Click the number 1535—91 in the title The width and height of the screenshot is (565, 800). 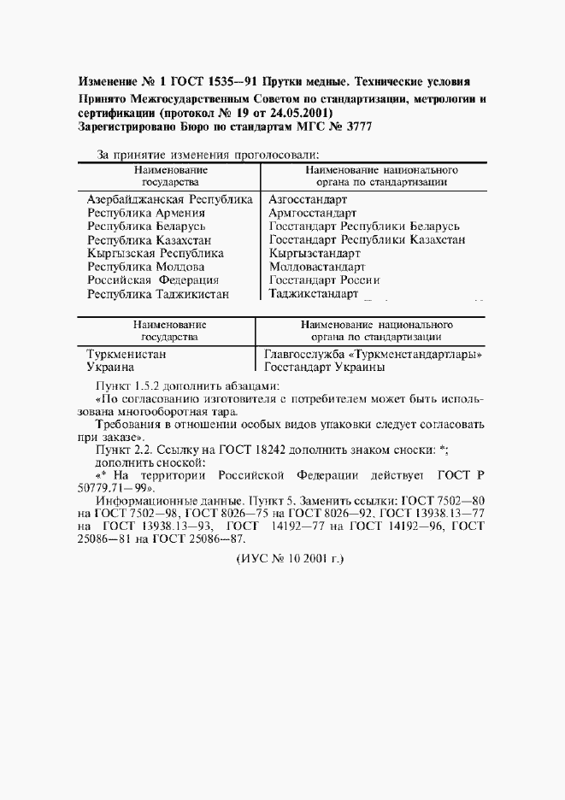[x=217, y=83]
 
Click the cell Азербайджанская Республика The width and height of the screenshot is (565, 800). [x=170, y=198]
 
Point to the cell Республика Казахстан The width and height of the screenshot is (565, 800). [x=149, y=240]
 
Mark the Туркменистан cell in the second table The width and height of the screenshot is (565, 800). [x=127, y=353]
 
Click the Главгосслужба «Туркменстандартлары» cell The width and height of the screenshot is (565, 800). [x=374, y=353]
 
